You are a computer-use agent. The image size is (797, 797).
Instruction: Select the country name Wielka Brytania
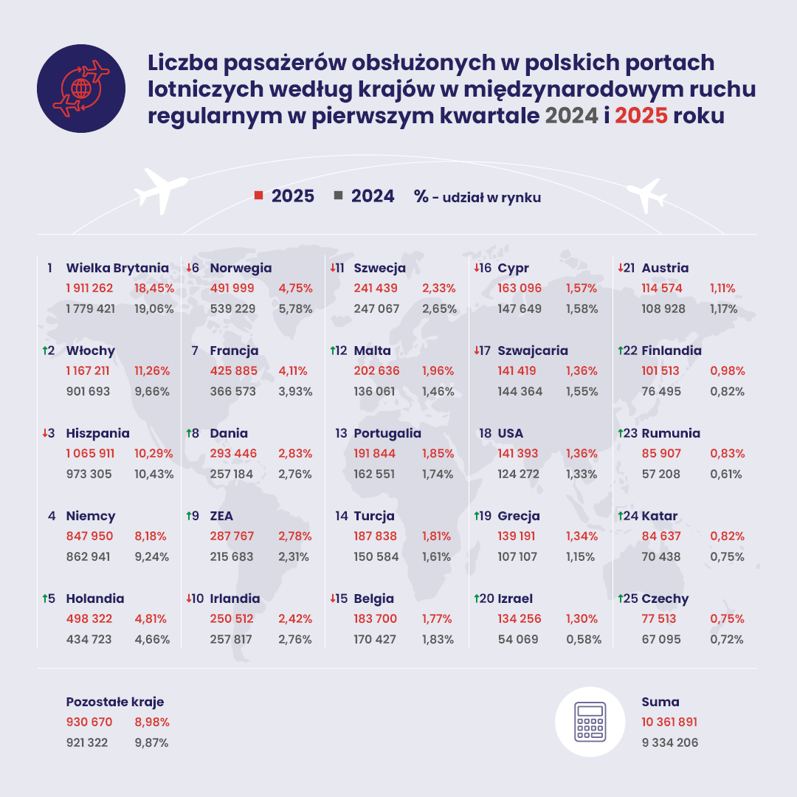tap(117, 268)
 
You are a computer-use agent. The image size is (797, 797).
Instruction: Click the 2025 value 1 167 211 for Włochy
tap(89, 371)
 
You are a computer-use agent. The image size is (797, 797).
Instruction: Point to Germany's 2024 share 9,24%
tap(154, 557)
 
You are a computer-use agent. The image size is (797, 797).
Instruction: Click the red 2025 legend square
tap(258, 196)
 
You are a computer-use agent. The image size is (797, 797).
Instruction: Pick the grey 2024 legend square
tap(338, 196)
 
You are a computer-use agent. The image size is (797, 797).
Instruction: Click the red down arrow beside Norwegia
tap(189, 267)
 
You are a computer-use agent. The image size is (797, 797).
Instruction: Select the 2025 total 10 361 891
tap(669, 722)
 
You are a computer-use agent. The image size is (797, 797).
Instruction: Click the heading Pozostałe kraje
tap(115, 702)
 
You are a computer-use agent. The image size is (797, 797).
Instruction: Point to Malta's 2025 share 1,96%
tap(438, 371)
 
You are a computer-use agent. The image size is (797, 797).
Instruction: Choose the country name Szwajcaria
tap(533, 351)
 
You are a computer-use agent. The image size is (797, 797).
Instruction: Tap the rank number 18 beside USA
tap(485, 433)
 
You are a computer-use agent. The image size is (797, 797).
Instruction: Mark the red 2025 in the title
tap(641, 116)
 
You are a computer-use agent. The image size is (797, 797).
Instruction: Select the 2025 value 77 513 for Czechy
tap(663, 619)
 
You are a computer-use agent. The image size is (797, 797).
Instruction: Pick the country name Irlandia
tap(235, 598)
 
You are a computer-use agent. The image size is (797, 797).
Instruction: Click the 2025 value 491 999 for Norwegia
tap(233, 289)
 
